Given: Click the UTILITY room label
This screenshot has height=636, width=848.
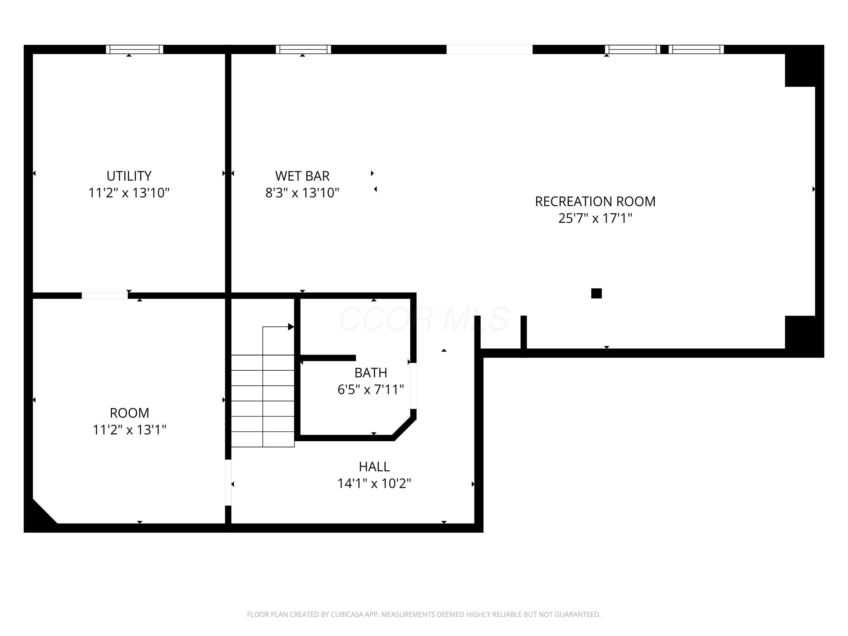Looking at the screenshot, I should tap(129, 176).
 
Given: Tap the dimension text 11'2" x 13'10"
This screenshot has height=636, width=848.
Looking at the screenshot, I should tap(129, 192).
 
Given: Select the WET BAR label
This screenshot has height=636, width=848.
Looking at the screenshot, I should tap(302, 176).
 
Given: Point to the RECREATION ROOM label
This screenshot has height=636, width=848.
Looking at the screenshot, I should tap(595, 202).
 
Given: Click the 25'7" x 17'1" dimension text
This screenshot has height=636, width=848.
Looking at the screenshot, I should tap(595, 219).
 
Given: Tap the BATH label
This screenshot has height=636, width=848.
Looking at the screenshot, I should tap(370, 373).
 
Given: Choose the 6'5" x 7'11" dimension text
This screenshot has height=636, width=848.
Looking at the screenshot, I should tap(370, 390).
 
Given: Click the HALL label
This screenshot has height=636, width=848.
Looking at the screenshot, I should tap(374, 467).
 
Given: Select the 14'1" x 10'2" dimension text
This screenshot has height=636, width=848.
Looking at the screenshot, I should tap(374, 483).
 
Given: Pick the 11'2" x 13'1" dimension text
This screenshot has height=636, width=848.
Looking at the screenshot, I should tap(129, 430).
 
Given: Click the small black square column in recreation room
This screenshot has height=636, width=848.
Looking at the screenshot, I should tap(596, 293).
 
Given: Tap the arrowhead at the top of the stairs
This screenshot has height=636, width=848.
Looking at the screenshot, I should tap(291, 327).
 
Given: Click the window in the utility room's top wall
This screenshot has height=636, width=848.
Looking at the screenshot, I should tap(135, 49).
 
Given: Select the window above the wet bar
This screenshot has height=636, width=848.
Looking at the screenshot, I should tap(303, 49).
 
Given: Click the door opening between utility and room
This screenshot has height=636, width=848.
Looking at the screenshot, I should tap(105, 296).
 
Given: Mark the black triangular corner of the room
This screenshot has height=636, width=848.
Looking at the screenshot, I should tap(38, 517).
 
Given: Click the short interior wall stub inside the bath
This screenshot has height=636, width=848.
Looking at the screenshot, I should tap(328, 358).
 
